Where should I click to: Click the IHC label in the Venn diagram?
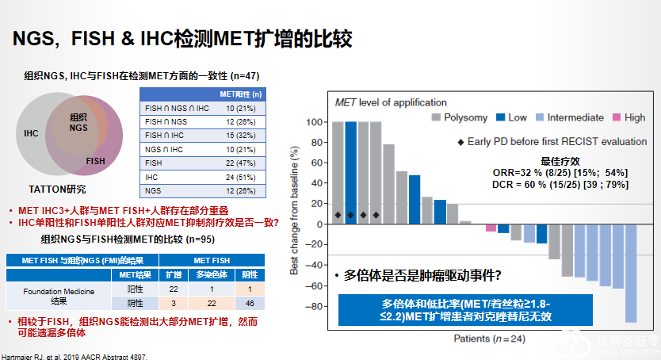[x=31, y=133]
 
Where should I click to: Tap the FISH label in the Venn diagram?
[x=96, y=161]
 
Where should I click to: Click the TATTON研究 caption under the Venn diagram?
[x=57, y=190]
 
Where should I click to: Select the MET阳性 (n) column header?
[x=240, y=94]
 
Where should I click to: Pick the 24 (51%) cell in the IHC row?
[x=240, y=177]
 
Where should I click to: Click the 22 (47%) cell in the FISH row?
[x=240, y=163]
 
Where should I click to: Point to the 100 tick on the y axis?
[x=314, y=122]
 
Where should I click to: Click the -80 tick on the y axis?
[x=314, y=306]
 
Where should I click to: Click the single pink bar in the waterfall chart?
[x=491, y=228]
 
